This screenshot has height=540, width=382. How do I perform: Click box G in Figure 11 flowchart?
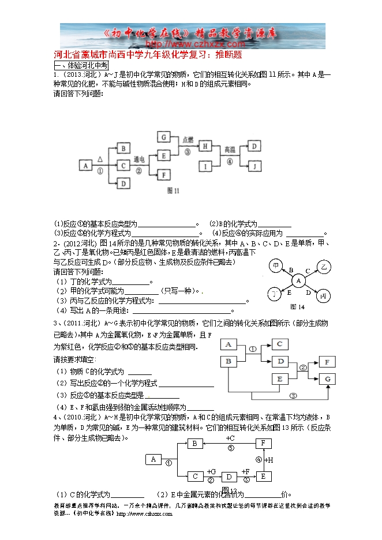click(164, 137)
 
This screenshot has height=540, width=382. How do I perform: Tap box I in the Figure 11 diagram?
click(206, 166)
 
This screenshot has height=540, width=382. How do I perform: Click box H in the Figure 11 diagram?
click(206, 147)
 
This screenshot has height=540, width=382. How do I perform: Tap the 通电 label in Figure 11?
click(138, 159)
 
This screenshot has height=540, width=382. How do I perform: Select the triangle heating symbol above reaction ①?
click(100, 158)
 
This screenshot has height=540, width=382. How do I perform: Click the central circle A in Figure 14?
click(298, 280)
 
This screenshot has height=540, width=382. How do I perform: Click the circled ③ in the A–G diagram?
click(293, 396)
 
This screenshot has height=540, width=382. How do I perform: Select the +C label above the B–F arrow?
click(230, 438)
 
